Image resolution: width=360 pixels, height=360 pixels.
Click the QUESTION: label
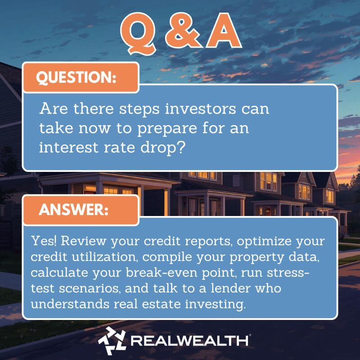pos(76,77)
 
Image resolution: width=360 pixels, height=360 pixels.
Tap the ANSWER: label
pos(74,210)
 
